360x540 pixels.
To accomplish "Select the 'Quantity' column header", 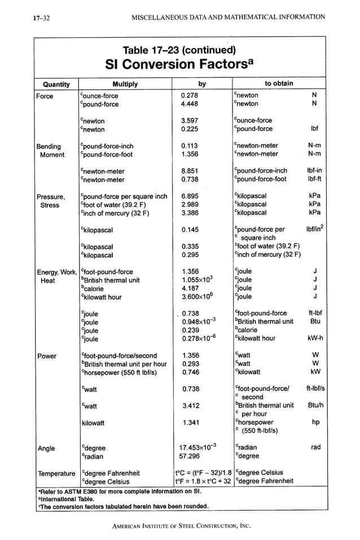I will coord(56,84).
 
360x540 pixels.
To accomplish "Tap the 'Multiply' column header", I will coord(125,84).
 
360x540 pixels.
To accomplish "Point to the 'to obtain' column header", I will coord(279,84).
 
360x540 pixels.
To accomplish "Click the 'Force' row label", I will coord(45,96).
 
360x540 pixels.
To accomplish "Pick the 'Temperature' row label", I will coord(56,473).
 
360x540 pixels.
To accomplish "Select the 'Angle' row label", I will coord(46,449).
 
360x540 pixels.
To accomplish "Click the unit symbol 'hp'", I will coord(315,422).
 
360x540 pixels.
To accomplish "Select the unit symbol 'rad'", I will coord(315,447).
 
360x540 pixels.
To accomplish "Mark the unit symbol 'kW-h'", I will coord(313,339).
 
